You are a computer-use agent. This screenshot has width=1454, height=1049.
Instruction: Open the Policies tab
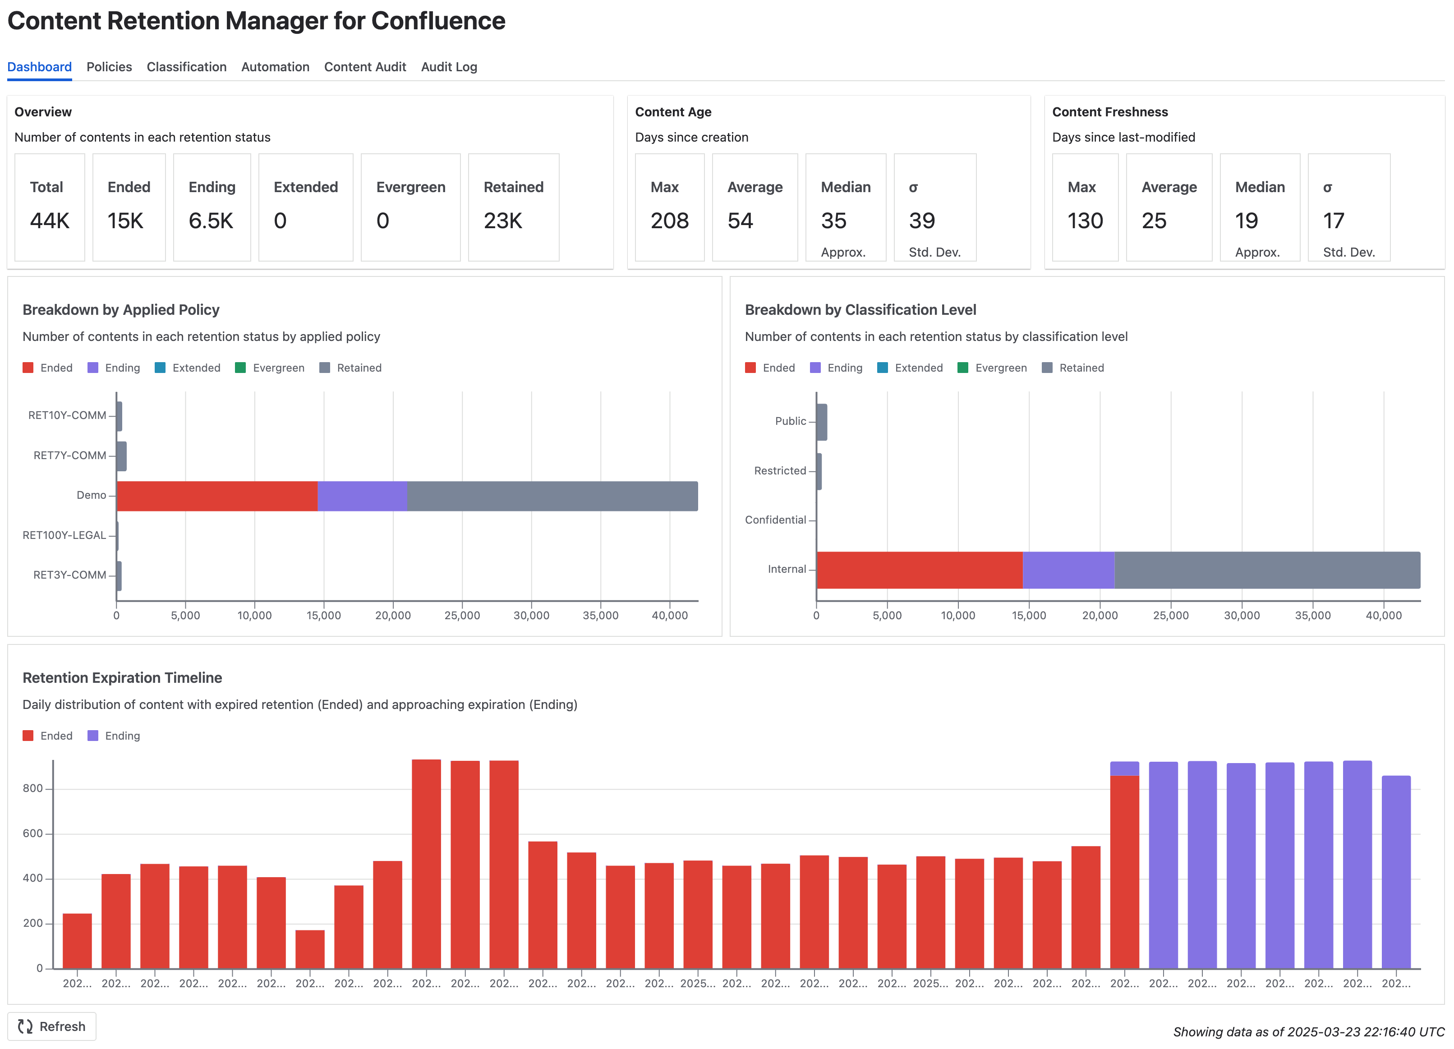click(x=109, y=67)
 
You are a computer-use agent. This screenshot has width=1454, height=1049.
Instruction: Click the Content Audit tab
click(x=365, y=67)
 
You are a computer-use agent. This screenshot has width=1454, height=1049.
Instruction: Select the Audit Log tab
click(x=449, y=67)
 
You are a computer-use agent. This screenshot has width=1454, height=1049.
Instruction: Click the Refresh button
click(x=52, y=1026)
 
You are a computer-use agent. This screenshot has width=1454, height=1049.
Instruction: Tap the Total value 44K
click(x=49, y=221)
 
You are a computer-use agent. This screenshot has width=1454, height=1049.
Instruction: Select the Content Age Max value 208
click(x=669, y=221)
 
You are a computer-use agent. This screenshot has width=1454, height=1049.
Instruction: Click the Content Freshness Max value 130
click(x=1085, y=221)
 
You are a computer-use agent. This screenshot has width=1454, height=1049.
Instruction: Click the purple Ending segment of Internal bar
click(x=1068, y=570)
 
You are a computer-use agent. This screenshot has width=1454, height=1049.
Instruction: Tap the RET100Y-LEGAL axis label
click(x=64, y=535)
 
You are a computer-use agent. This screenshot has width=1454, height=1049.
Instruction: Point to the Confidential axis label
click(x=775, y=520)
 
